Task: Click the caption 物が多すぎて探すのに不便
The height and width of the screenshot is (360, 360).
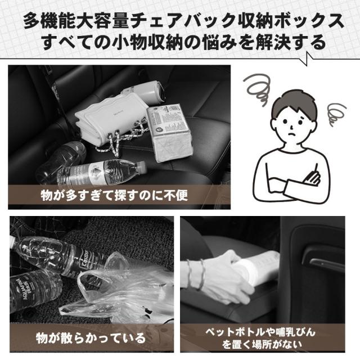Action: pos(114,195)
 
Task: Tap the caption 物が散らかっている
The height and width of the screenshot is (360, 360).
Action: pos(91,338)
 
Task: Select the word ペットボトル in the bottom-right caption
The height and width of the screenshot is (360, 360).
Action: pos(235,332)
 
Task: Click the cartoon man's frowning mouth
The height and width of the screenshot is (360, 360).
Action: pos(291,135)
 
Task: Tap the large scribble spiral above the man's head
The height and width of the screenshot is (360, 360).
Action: pos(257,89)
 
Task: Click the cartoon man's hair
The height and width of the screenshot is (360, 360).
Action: pos(294,106)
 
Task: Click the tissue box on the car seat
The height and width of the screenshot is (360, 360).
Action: pos(169,133)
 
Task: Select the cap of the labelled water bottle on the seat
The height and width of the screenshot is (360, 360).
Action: pos(142,166)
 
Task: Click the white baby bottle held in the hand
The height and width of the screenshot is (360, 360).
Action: pos(259,266)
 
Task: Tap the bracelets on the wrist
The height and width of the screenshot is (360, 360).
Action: pos(195,274)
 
